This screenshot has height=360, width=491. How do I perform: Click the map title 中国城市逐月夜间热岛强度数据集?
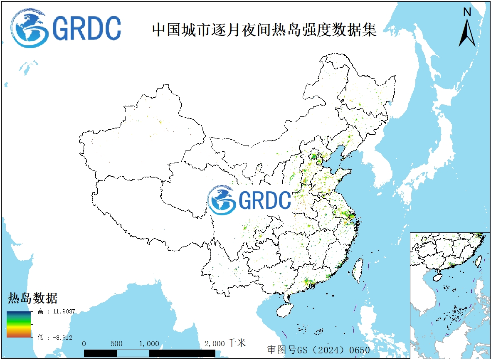click(x=264, y=30)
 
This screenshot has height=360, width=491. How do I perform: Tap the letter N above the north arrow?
click(x=467, y=12)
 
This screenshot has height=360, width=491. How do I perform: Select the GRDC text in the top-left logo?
click(x=87, y=28)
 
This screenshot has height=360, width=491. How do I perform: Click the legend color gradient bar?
click(x=19, y=324)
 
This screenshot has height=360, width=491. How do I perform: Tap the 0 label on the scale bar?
click(x=84, y=344)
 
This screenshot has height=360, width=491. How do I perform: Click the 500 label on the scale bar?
click(x=117, y=344)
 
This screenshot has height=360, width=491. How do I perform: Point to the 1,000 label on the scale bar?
click(x=149, y=344)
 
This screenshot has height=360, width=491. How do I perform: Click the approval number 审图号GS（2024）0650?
click(x=318, y=350)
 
